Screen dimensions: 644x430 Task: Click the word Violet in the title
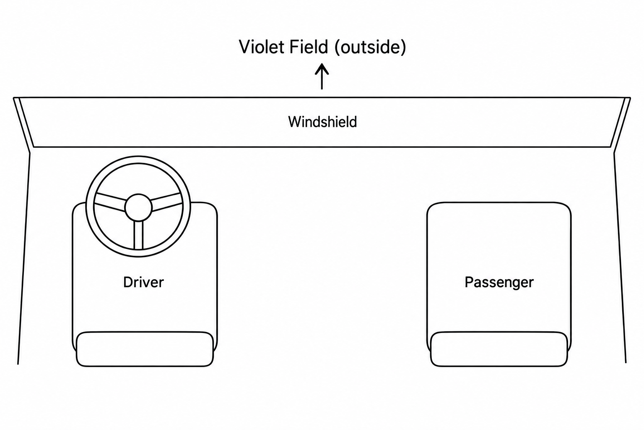261,47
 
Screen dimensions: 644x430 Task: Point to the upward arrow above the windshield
322,76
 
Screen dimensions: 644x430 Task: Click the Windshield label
322,122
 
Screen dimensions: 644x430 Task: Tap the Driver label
143,282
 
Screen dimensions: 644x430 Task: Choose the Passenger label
499,283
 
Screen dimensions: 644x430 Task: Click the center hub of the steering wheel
138,207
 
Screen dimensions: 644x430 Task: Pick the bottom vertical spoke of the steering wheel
138,235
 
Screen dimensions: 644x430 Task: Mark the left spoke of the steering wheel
110,202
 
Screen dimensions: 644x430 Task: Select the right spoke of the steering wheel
167,202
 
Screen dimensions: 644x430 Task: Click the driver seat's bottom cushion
145,349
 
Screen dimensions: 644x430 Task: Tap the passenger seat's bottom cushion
499,349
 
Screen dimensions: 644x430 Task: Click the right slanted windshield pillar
621,124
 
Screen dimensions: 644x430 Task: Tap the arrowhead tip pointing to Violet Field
322,64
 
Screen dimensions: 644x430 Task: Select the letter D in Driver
128,282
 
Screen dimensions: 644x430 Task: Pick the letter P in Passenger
469,282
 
